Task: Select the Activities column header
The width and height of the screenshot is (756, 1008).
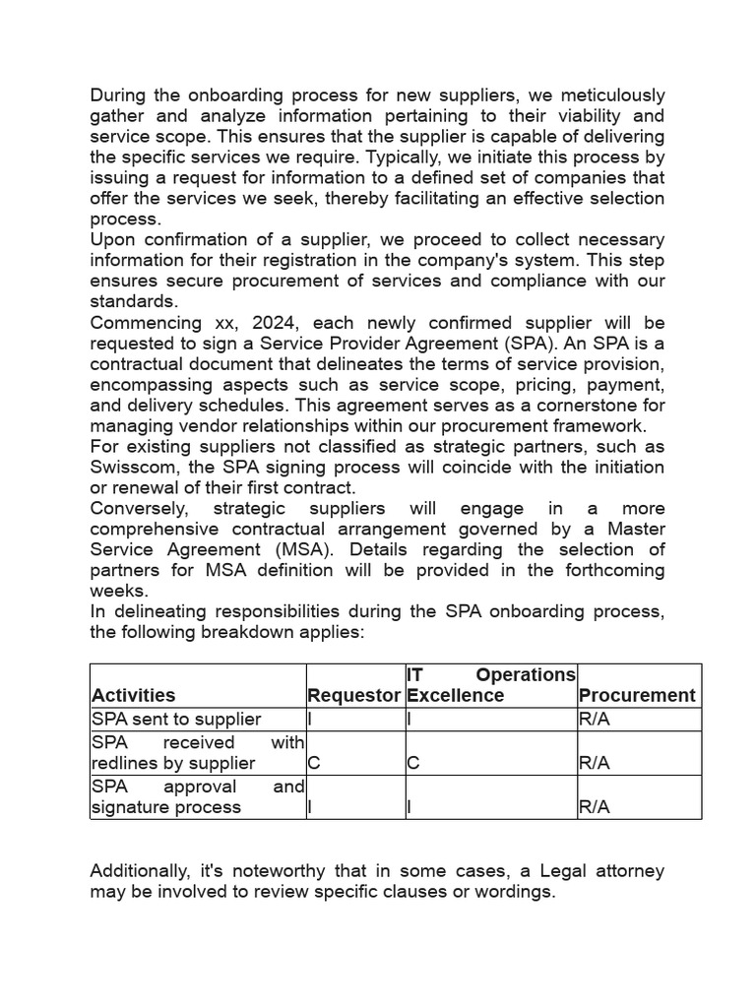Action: coord(133,695)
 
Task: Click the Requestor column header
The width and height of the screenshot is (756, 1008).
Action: coord(353,695)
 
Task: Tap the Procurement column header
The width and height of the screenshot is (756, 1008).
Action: coord(637,695)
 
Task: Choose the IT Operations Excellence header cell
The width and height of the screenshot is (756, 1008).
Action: coord(490,685)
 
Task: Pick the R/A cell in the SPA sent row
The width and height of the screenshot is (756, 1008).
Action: coord(595,720)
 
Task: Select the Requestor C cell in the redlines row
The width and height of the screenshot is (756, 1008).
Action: coord(314,763)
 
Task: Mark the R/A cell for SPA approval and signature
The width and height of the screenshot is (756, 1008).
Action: coord(595,807)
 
